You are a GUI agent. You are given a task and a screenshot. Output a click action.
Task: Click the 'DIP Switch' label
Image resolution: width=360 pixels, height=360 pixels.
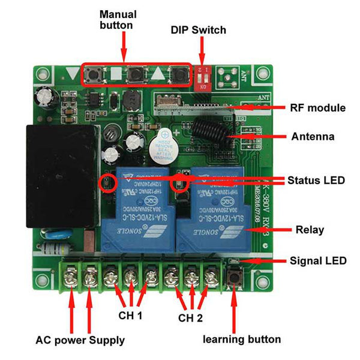[x=199, y=29]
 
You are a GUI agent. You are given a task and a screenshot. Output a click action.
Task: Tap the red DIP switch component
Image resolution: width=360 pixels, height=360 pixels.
[x=205, y=76]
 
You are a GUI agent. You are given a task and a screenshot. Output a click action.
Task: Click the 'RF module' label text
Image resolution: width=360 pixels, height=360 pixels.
[x=317, y=108]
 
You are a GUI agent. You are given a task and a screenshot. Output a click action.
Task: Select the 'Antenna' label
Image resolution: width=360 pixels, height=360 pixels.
[x=313, y=137]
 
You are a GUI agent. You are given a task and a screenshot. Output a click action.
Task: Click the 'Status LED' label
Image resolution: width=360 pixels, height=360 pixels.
[x=316, y=180]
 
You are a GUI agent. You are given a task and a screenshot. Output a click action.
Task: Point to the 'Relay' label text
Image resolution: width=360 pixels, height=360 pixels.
[x=310, y=230]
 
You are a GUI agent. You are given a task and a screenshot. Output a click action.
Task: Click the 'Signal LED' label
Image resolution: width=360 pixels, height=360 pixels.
[x=318, y=261]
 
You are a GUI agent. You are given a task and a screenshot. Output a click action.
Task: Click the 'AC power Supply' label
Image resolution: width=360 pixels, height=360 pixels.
[x=80, y=340]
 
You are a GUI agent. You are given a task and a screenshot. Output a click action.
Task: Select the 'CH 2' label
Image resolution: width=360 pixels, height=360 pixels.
[x=191, y=316]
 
